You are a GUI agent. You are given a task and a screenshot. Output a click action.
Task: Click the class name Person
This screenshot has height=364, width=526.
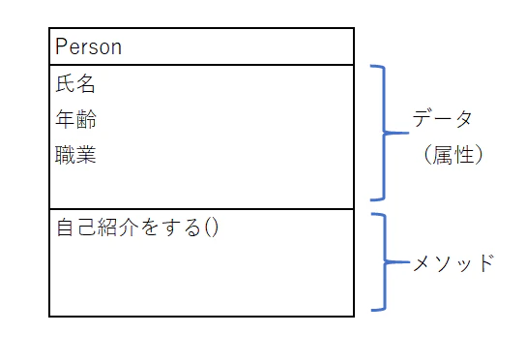pos(89,46)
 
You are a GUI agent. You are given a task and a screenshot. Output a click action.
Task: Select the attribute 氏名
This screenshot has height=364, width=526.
pos(76,85)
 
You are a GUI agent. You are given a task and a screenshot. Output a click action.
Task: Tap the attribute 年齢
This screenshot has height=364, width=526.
pos(76,120)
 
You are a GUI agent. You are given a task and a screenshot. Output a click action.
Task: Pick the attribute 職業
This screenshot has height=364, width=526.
pos(76,155)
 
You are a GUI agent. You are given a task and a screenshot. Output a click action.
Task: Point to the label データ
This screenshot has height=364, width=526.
pos(443,120)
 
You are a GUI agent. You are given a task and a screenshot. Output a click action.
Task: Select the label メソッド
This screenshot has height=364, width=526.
pos(453,261)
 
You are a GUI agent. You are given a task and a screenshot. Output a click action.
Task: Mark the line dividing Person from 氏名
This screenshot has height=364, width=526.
pos(201,65)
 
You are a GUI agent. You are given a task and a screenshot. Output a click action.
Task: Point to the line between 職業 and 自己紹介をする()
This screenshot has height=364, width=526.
pos(201,208)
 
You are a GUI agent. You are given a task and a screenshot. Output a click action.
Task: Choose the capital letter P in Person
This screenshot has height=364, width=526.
pos(62,46)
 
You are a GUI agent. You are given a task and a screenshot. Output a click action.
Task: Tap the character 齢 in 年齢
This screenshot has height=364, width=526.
pos(87,120)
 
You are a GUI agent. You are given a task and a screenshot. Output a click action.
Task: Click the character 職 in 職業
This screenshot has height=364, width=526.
pos(66,155)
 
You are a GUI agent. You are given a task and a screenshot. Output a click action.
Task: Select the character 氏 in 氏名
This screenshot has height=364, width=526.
pos(66,85)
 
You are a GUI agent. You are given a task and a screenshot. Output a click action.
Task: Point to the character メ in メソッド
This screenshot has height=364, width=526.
pos(423,261)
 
